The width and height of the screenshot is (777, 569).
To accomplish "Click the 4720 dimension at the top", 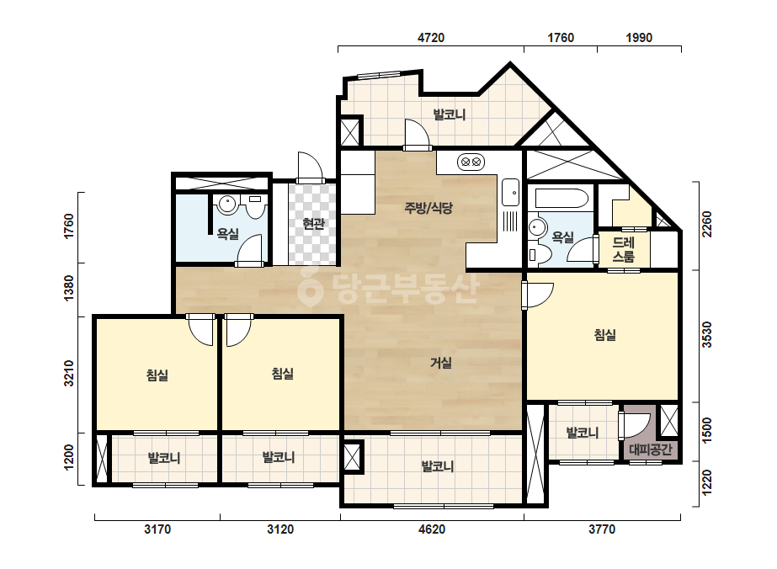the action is (x=431, y=38).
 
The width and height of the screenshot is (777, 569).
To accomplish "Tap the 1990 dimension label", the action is (x=639, y=38).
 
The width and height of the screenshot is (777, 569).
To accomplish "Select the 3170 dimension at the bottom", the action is (x=157, y=529).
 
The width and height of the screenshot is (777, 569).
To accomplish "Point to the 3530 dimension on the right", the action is (x=707, y=334).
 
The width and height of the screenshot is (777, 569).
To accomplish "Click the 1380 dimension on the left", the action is (x=69, y=288).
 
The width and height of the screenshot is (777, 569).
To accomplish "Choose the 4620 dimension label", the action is (x=432, y=529).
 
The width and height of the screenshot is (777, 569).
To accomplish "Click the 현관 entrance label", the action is (x=313, y=224).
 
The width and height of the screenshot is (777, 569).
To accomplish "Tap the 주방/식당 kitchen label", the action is (x=428, y=208).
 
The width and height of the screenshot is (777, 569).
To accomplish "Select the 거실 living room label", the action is (x=441, y=363).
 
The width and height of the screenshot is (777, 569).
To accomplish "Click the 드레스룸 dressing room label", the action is (x=624, y=249).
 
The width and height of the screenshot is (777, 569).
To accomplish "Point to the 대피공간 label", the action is (x=650, y=449).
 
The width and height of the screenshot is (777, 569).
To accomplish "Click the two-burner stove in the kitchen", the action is (x=471, y=162).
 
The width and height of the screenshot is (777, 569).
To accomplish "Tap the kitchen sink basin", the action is (x=510, y=192).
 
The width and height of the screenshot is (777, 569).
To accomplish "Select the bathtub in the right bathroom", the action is (x=561, y=199).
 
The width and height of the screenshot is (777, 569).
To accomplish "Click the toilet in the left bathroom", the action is (x=255, y=207).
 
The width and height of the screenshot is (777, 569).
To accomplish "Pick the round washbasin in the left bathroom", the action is (x=227, y=205).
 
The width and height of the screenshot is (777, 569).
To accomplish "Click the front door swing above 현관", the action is (x=311, y=167).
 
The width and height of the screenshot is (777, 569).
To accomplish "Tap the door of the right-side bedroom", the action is (x=539, y=295).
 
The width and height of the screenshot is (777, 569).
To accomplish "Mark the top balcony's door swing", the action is (x=417, y=135).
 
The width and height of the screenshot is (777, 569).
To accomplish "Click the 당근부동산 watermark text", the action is (x=389, y=289).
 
